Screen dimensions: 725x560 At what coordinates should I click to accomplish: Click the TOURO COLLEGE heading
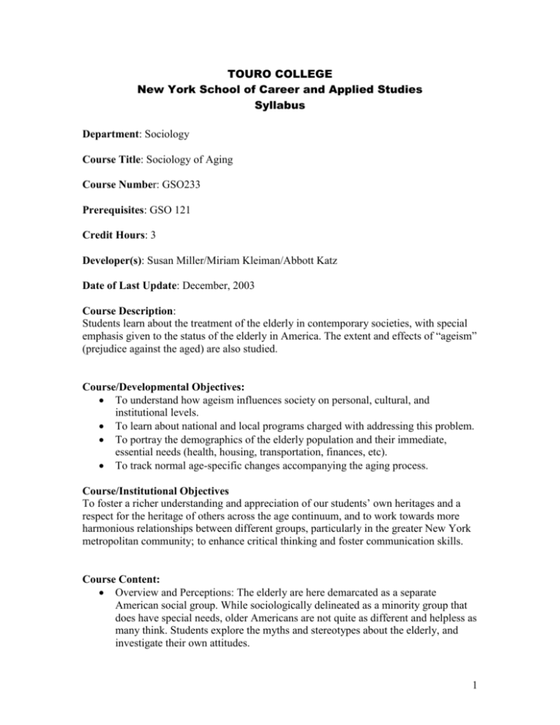coord(279,74)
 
